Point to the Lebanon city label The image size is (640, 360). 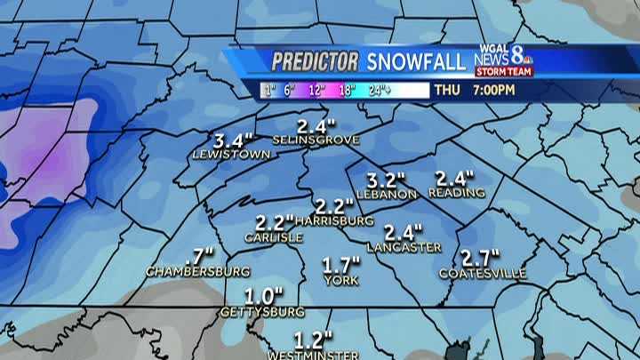tap(386, 193)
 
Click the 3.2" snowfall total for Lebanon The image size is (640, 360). tap(383, 178)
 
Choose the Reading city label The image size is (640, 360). tap(456, 192)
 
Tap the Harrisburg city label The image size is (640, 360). tap(334, 220)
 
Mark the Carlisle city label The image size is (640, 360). tap(274, 237)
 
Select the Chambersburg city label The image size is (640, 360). tap(197, 270)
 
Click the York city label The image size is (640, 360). tap(342, 279)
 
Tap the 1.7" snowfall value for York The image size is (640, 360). tap(341, 264)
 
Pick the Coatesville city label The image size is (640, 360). tap(482, 273)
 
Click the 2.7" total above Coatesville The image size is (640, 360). tap(481, 257)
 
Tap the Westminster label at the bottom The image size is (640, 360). tap(314, 355)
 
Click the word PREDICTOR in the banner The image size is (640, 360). tap(315, 61)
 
